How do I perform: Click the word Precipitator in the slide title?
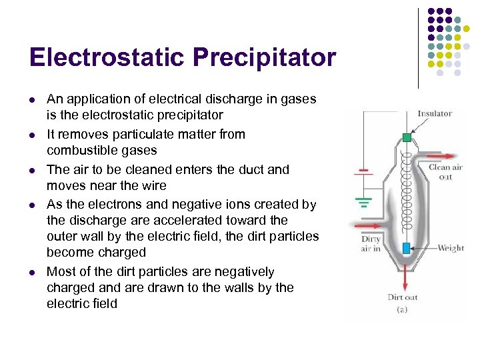(x=265, y=57)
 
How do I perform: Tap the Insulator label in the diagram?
(x=434, y=113)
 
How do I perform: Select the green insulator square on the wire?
(x=407, y=138)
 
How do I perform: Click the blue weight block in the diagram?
(x=406, y=248)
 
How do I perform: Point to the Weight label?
(x=451, y=248)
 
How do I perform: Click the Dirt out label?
(x=403, y=297)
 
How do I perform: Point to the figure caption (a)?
(x=403, y=310)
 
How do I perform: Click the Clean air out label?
(x=445, y=172)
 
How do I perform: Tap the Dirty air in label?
(x=371, y=244)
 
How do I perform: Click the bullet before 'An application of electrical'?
(x=32, y=99)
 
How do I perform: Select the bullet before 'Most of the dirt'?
(x=32, y=272)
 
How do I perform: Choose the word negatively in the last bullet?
(x=241, y=272)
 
